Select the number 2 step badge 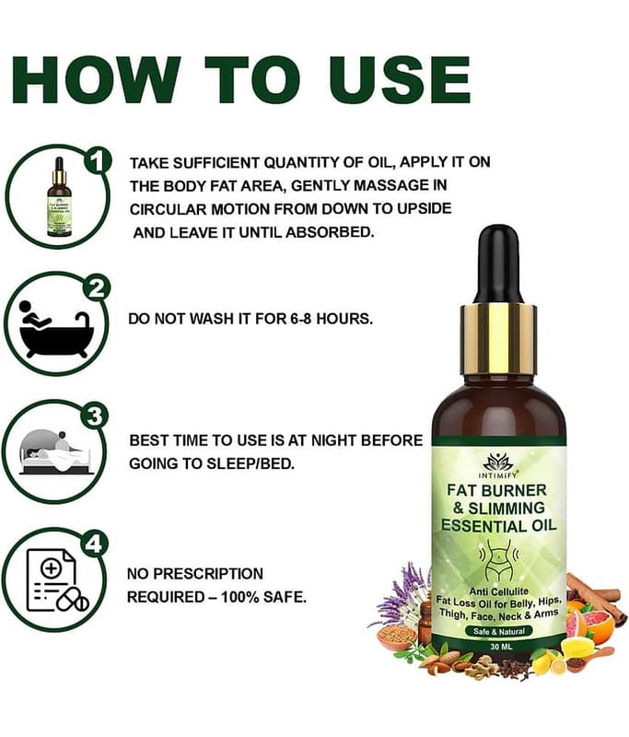click(x=96, y=288)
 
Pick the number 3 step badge click(x=95, y=416)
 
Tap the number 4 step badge click(x=94, y=544)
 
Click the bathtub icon click(x=56, y=328)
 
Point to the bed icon click(x=55, y=452)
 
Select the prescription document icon click(x=57, y=580)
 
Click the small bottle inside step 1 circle click(x=59, y=197)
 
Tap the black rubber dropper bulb click(x=499, y=264)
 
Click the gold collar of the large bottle click(x=498, y=337)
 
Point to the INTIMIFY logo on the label click(x=498, y=466)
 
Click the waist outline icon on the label click(x=498, y=558)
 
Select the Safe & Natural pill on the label click(x=498, y=631)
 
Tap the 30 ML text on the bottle click(x=501, y=647)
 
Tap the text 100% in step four click(x=240, y=597)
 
